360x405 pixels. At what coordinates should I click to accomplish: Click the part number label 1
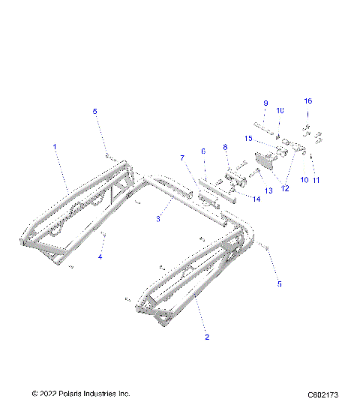pyautogui.click(x=54, y=148)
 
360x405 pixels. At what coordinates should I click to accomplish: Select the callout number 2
pyautogui.click(x=208, y=337)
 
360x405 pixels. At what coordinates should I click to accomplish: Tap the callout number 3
pyautogui.click(x=157, y=219)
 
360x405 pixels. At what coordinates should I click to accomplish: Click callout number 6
pyautogui.click(x=203, y=151)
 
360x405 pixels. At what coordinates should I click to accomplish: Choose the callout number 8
pyautogui.click(x=224, y=147)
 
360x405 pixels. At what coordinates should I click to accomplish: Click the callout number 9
pyautogui.click(x=265, y=103)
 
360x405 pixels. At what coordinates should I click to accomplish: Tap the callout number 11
pyautogui.click(x=316, y=180)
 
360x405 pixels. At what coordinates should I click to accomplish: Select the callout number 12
pyautogui.click(x=284, y=188)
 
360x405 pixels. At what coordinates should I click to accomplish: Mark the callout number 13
pyautogui.click(x=268, y=191)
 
